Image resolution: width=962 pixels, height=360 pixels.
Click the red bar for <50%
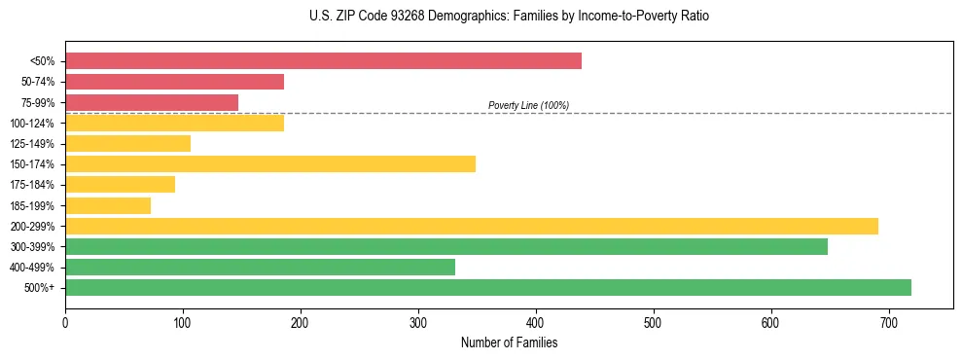[323, 61]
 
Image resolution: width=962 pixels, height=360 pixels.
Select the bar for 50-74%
[174, 82]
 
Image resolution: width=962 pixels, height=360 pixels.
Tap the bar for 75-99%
[152, 102]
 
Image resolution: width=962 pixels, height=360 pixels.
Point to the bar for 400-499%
[260, 267]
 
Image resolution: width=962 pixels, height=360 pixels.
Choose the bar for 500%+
[488, 287]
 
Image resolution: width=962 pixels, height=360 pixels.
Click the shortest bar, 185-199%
[108, 205]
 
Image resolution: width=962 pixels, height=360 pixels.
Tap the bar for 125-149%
[127, 144]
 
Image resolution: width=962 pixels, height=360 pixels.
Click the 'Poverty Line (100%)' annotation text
[528, 105]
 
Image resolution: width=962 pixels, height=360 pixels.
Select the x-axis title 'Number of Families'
[509, 342]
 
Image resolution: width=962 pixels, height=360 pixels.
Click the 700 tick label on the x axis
[888, 321]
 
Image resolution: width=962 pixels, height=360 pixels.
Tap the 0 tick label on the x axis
[65, 321]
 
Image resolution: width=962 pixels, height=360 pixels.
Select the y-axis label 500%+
[41, 288]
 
